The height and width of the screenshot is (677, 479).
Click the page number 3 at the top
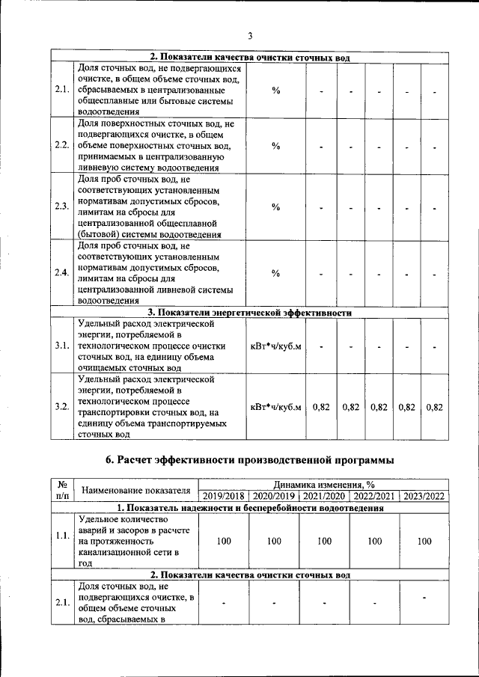tap(251, 35)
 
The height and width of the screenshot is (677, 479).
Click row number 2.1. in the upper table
tap(62, 91)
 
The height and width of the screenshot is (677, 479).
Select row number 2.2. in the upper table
tap(62, 145)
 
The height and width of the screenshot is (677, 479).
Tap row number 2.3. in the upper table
tap(62, 207)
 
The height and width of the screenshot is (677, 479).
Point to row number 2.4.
tap(62, 273)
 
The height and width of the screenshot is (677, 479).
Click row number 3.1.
tap(62, 346)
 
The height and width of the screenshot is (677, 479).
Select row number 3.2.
tap(62, 407)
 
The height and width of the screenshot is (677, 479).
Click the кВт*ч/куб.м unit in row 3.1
tap(275, 346)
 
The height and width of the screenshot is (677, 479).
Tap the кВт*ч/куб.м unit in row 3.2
tap(275, 407)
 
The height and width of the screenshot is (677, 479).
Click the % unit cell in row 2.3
tap(275, 207)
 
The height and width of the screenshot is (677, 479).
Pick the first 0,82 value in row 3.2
tap(321, 407)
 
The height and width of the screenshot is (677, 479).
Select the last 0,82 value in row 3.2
tap(434, 407)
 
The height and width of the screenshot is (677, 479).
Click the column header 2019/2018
tap(224, 496)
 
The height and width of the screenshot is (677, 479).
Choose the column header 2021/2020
tap(323, 496)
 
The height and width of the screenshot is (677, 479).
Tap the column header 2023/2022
tap(424, 496)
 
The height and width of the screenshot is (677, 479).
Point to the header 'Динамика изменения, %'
tap(323, 485)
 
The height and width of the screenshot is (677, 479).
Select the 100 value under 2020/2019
tap(273, 541)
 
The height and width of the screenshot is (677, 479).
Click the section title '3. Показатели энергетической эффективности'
tap(249, 313)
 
